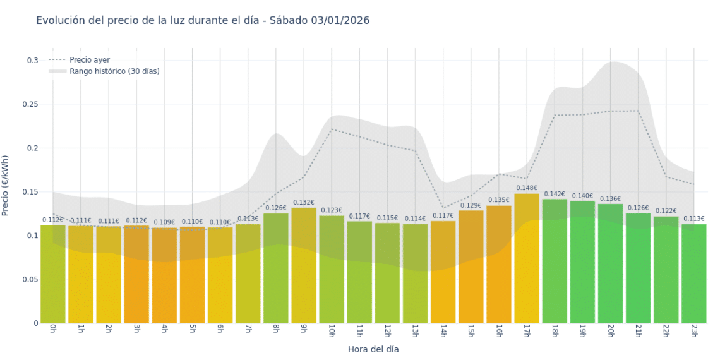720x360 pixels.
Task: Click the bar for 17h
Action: (527, 259)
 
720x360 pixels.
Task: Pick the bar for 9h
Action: (304, 265)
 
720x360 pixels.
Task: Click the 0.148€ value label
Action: (527, 188)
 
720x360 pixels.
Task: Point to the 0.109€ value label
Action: (164, 222)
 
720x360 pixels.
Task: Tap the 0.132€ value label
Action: (304, 203)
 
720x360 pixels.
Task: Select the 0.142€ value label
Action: (555, 195)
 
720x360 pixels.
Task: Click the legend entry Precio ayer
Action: (89, 59)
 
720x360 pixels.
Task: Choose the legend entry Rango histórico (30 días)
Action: (114, 71)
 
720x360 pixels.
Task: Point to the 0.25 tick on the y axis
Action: (29, 104)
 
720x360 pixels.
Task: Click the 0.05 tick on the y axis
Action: (29, 279)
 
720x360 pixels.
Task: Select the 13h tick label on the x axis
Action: (415, 332)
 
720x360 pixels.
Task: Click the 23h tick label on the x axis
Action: (693, 332)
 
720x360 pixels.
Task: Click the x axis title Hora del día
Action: (373, 349)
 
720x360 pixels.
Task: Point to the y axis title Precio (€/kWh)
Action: (6, 186)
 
